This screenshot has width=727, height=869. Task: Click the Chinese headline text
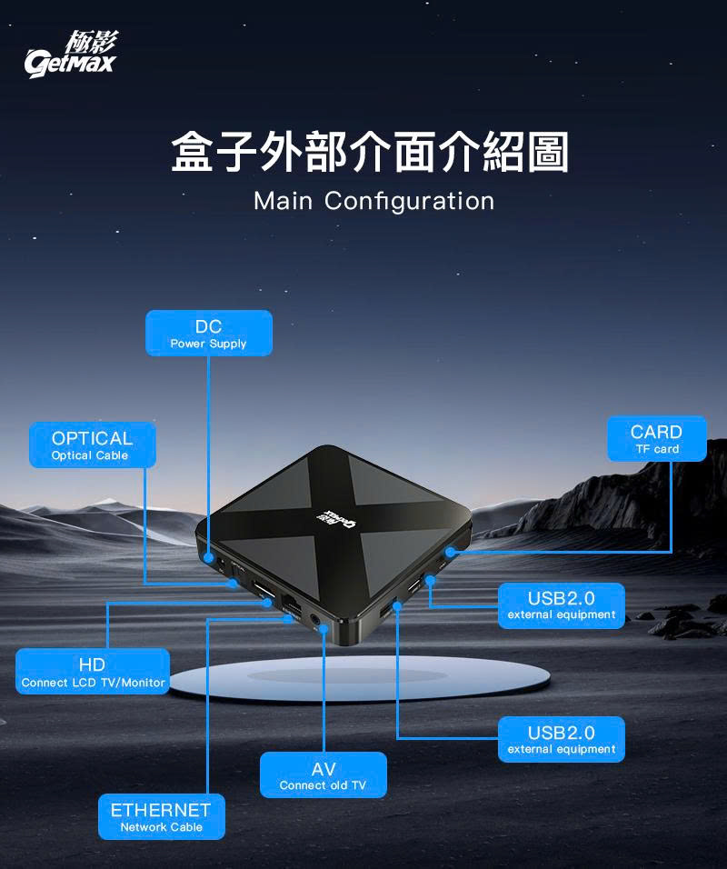pyautogui.click(x=370, y=152)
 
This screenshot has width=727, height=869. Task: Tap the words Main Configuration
pyautogui.click(x=373, y=201)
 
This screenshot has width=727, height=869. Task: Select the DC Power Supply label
pyautogui.click(x=208, y=333)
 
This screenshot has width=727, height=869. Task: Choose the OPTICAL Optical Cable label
pyautogui.click(x=92, y=444)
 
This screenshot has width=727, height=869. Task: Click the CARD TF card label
pyautogui.click(x=656, y=438)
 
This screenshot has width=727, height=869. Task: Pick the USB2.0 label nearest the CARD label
pyautogui.click(x=562, y=605)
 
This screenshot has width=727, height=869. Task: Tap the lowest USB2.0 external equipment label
pyautogui.click(x=562, y=739)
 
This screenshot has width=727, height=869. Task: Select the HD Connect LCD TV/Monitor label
pyautogui.click(x=93, y=672)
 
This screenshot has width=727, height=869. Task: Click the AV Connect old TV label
pyautogui.click(x=323, y=775)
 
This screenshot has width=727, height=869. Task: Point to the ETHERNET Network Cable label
pyautogui.click(x=161, y=816)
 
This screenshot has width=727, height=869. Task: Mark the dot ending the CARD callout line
pyautogui.click(x=450, y=552)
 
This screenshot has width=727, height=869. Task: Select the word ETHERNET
pyautogui.click(x=161, y=809)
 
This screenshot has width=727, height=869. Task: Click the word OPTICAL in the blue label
pyautogui.click(x=92, y=438)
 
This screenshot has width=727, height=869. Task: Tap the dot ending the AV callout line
pyautogui.click(x=324, y=629)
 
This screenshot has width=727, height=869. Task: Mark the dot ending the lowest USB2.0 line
pyautogui.click(x=397, y=605)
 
